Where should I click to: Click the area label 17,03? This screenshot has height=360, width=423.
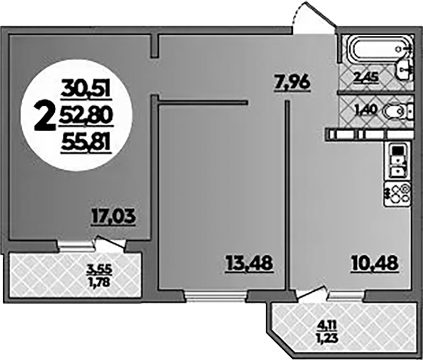click(x=113, y=217)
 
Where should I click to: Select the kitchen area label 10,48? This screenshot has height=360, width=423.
click(x=375, y=263)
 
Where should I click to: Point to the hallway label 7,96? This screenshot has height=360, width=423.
click(x=292, y=83)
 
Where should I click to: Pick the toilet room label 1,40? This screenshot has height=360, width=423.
click(x=366, y=110)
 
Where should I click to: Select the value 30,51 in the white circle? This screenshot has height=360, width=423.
click(x=86, y=88)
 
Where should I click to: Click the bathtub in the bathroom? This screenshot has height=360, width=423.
click(x=378, y=50)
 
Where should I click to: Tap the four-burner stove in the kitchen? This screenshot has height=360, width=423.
click(x=398, y=194)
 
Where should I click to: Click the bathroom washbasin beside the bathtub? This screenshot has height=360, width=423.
click(x=404, y=69)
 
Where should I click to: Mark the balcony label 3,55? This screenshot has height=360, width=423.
click(x=99, y=269)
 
